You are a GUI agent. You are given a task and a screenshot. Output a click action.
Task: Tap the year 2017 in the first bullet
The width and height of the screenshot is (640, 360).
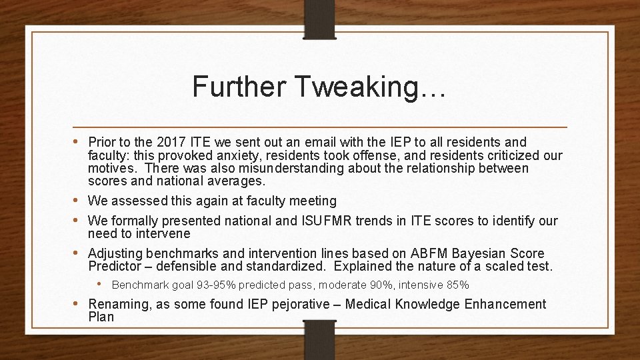(x=170, y=142)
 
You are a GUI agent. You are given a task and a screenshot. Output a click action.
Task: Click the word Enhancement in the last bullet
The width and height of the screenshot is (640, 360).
(x=505, y=305)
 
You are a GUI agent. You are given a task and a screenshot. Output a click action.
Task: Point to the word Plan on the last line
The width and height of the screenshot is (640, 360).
(x=101, y=317)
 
